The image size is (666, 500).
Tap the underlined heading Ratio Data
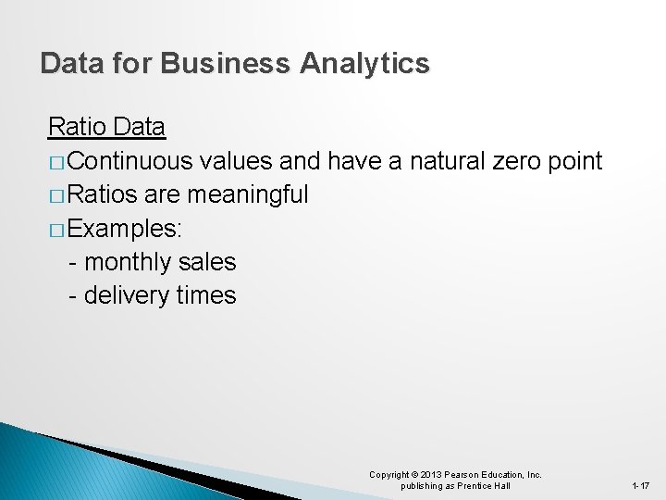(106, 127)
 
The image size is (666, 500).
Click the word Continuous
(129, 161)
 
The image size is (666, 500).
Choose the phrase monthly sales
(160, 262)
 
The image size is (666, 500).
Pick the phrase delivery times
(160, 295)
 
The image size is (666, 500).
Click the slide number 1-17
(640, 486)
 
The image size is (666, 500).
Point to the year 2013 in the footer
(431, 475)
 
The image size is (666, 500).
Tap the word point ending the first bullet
(575, 161)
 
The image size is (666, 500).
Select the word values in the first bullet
(235, 161)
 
